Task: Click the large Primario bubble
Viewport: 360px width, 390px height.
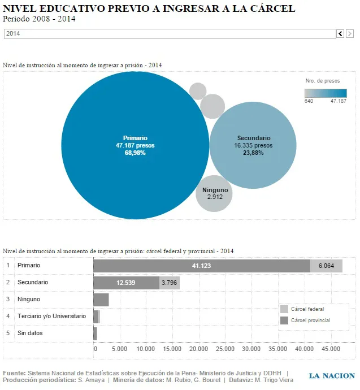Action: (x=135, y=145)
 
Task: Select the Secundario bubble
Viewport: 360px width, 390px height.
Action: (x=253, y=145)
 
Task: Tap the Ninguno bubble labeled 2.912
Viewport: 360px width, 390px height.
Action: (x=214, y=194)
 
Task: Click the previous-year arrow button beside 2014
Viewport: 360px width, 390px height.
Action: (x=340, y=34)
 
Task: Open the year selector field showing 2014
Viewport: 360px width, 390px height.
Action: (x=170, y=34)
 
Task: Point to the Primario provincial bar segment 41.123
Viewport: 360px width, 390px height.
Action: (x=202, y=266)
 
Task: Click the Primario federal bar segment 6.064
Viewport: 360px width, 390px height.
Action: (x=326, y=266)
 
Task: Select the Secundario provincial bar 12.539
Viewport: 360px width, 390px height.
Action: (x=126, y=283)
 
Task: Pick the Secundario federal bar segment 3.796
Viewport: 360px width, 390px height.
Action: (x=170, y=283)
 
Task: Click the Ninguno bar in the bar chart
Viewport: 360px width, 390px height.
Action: (x=101, y=300)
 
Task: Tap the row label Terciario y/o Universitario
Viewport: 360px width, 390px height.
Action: (x=51, y=317)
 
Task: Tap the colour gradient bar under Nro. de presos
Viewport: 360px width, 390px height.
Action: (x=326, y=93)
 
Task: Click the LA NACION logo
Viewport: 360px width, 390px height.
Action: (x=331, y=376)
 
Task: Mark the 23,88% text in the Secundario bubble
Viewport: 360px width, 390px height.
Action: (x=253, y=153)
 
